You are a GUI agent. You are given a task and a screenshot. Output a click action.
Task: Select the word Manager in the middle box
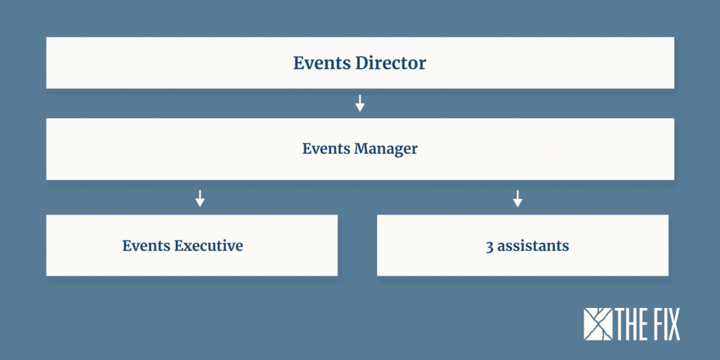tap(386, 149)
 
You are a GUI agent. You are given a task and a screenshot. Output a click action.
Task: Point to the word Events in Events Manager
tap(326, 149)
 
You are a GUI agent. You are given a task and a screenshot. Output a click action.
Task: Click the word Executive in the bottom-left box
tap(208, 245)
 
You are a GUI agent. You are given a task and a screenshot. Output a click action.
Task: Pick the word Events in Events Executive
tap(146, 245)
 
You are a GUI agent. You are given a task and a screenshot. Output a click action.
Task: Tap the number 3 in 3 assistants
tap(489, 246)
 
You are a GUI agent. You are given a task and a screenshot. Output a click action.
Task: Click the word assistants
tap(533, 246)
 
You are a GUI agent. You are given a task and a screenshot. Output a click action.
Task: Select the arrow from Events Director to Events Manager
tap(360, 103)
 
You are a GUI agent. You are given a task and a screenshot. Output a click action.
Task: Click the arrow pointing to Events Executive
tap(200, 198)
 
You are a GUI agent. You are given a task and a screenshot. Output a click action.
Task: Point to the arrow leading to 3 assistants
tap(517, 198)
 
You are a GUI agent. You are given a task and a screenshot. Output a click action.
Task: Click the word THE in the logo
tap(634, 325)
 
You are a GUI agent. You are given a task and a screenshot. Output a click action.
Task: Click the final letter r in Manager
tap(414, 150)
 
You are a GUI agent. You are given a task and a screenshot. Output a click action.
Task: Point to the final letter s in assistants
tap(566, 247)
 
